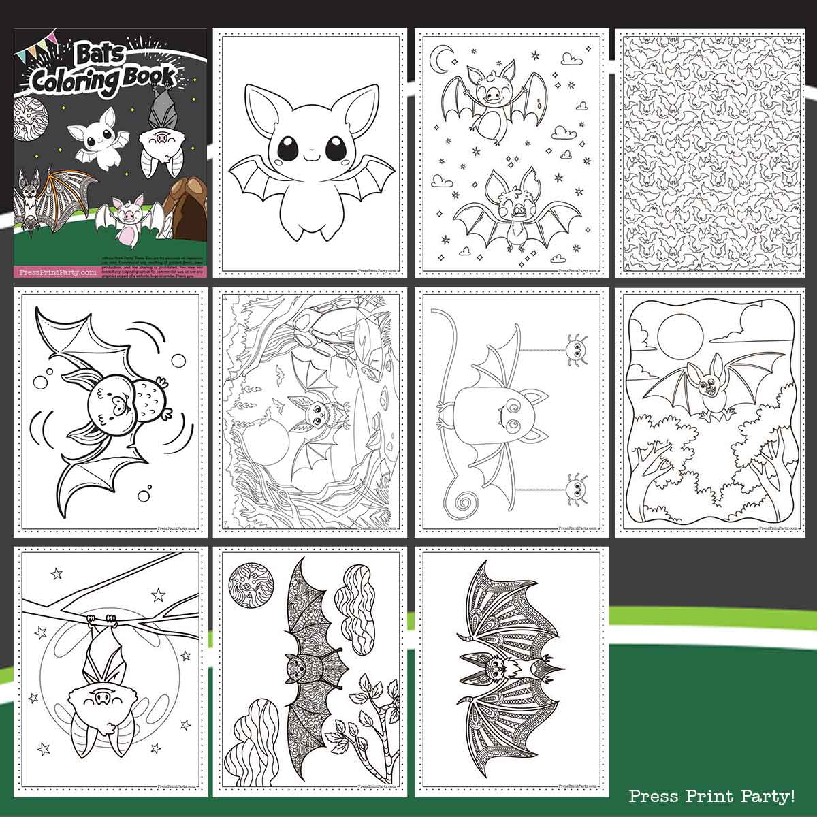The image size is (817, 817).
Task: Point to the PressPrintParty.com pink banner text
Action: [x=55, y=272]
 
